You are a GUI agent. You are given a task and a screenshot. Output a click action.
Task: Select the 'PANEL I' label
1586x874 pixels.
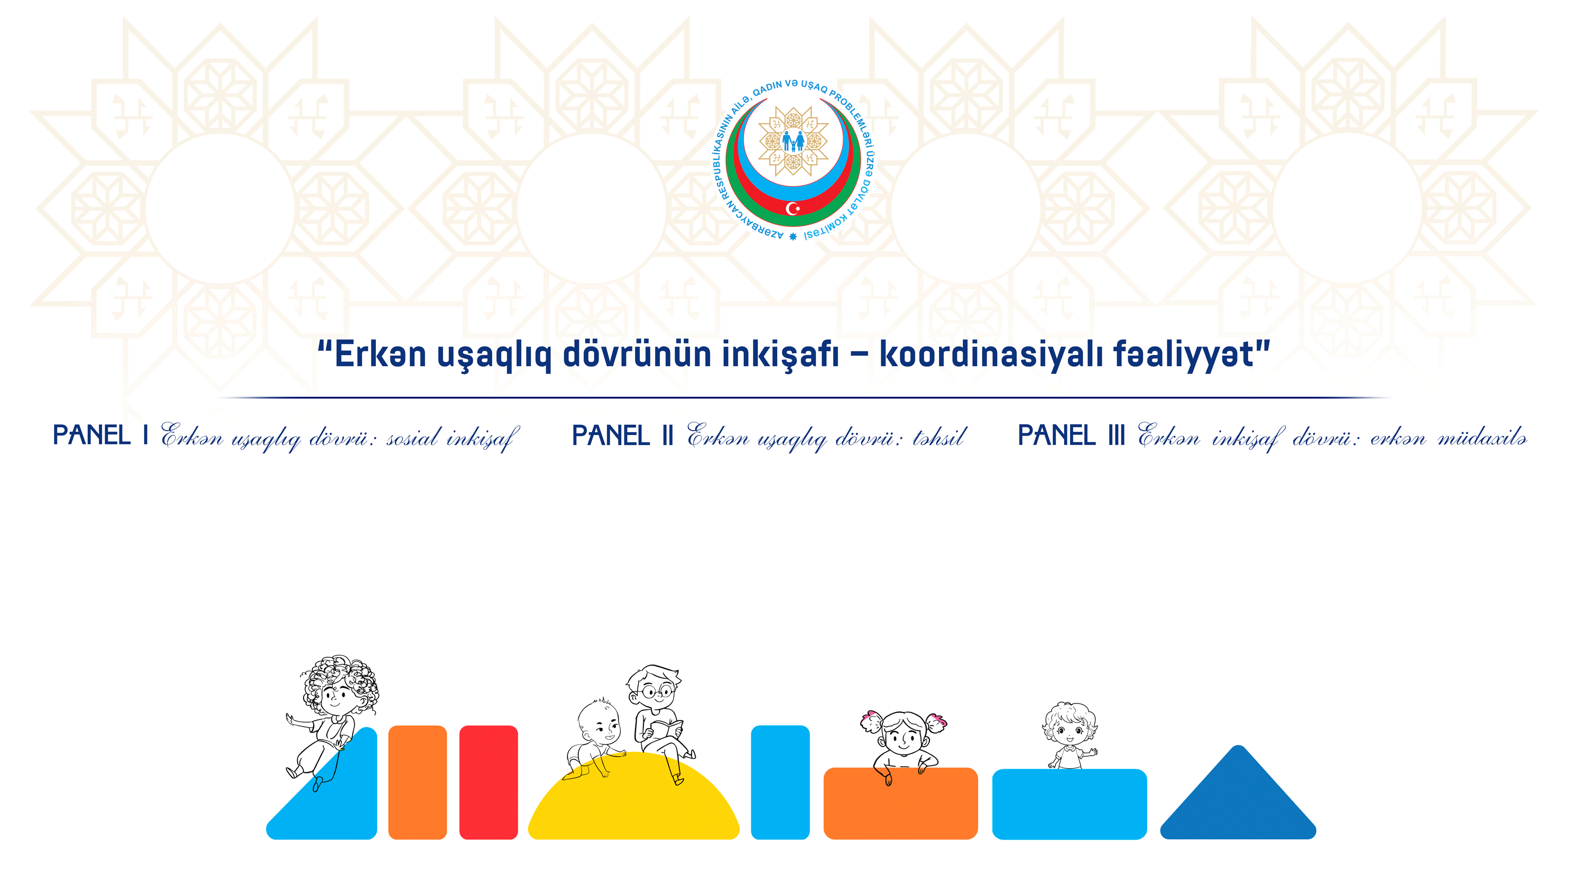click(x=100, y=435)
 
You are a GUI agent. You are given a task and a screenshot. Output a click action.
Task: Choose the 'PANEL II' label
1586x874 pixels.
click(x=622, y=435)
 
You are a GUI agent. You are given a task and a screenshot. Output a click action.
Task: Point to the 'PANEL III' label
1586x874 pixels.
click(x=1071, y=435)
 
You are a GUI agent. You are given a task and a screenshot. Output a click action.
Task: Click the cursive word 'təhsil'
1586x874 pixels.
click(x=939, y=436)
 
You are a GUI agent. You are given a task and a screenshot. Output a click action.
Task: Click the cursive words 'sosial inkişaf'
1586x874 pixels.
click(x=453, y=438)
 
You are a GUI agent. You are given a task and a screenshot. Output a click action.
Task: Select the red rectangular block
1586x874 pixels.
click(x=489, y=782)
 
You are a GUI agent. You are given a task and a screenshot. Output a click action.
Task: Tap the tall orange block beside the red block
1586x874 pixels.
click(x=418, y=782)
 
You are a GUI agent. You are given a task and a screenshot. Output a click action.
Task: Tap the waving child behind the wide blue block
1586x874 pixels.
click(x=1070, y=735)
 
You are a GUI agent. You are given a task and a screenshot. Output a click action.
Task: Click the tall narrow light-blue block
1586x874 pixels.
click(x=780, y=782)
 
